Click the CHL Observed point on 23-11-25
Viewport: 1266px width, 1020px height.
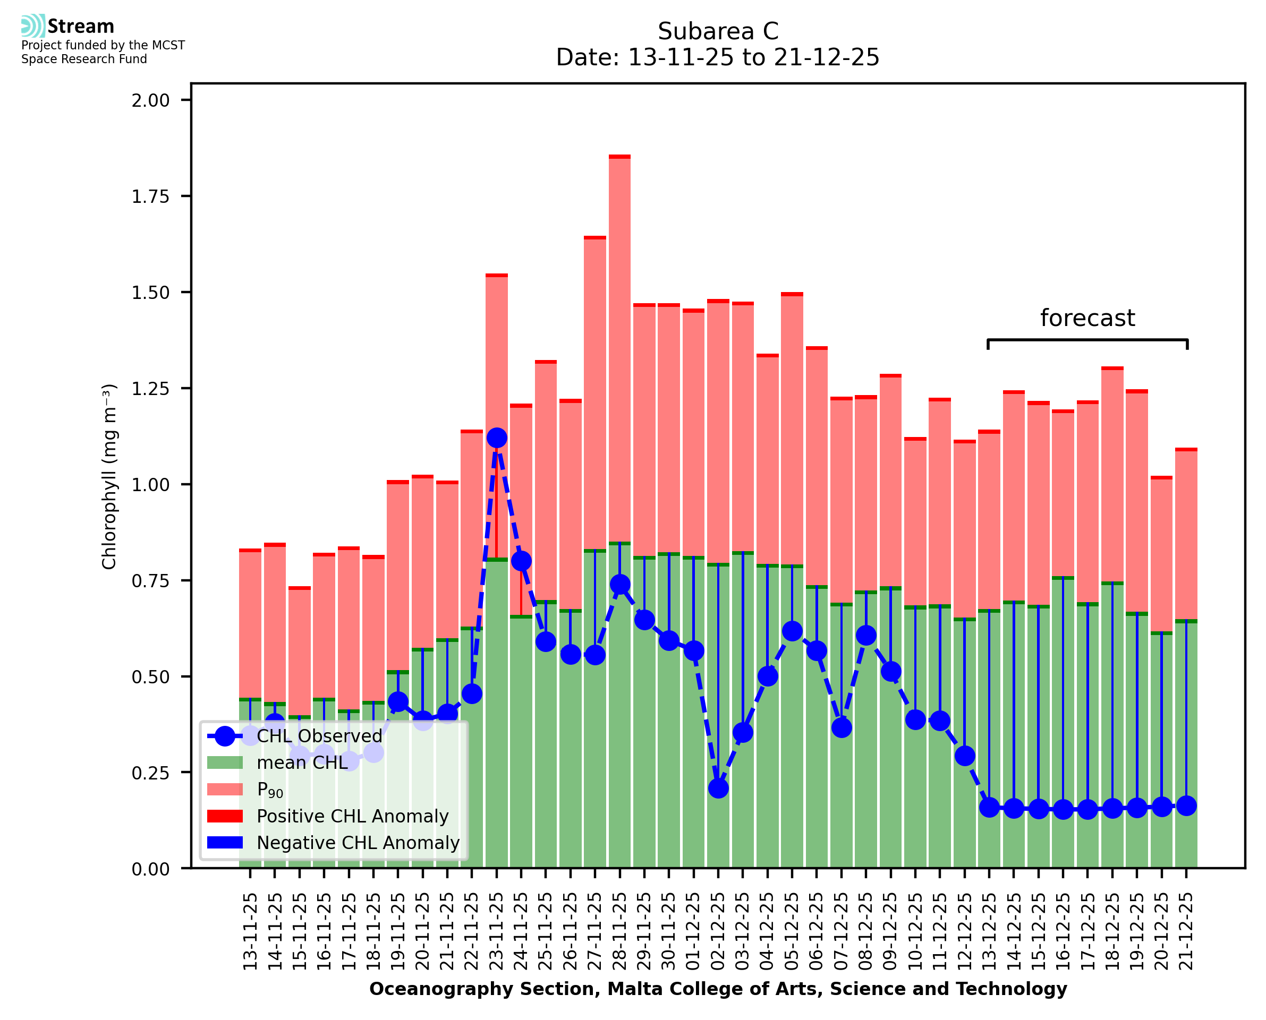click(497, 438)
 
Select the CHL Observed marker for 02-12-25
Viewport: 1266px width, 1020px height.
click(718, 788)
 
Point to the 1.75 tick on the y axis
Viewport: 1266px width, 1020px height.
click(150, 196)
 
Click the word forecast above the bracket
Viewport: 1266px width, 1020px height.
click(1087, 318)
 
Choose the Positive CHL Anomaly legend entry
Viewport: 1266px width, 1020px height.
click(352, 816)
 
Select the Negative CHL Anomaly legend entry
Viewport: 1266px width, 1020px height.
click(358, 843)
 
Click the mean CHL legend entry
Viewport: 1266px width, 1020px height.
click(302, 762)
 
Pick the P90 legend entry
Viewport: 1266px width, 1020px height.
click(270, 790)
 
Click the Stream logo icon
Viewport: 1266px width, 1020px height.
click(33, 26)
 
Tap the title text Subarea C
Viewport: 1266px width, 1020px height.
click(718, 31)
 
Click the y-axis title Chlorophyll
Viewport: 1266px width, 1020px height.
click(109, 476)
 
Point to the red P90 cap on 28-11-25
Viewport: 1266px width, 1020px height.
click(619, 157)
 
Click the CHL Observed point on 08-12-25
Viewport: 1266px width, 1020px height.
click(866, 635)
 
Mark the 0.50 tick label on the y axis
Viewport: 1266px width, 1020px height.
click(150, 677)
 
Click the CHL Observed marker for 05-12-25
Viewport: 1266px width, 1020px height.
click(792, 631)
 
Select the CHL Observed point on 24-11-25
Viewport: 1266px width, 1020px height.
click(521, 561)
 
